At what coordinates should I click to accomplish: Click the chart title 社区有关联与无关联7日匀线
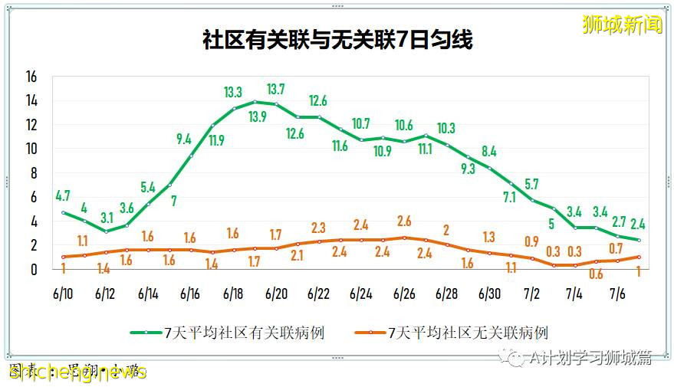pos(337,40)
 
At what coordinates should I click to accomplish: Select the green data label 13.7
pos(275,89)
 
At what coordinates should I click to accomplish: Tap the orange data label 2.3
pos(318,227)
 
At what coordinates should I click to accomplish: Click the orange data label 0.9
pos(531,241)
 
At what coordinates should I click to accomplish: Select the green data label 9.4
pos(184,139)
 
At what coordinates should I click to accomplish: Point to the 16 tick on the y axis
pos(31,77)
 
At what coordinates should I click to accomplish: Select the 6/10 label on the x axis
pos(63,294)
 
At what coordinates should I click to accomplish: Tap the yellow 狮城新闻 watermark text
pos(622,25)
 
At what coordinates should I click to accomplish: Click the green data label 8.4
pos(488,151)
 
